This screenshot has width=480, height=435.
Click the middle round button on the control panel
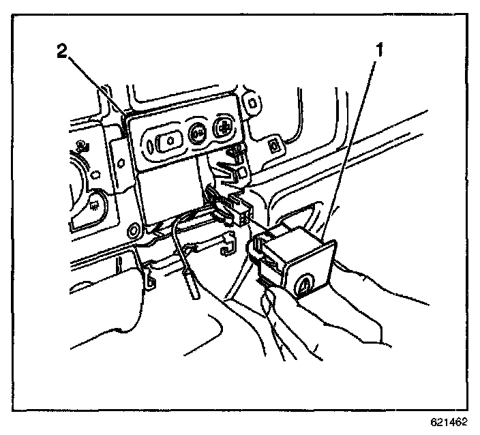pyautogui.click(x=198, y=134)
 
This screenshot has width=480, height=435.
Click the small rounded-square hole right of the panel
pyautogui.click(x=273, y=145)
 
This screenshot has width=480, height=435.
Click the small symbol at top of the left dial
pyautogui.click(x=81, y=145)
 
